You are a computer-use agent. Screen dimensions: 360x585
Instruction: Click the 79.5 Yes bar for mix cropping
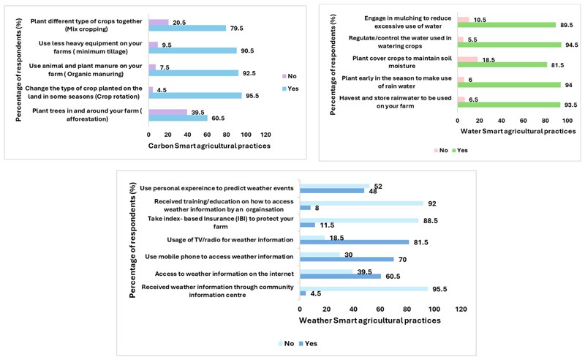coord(187,29)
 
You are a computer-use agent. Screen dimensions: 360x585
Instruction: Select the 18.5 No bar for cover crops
coord(467,59)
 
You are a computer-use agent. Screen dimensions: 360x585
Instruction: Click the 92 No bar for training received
coord(361,203)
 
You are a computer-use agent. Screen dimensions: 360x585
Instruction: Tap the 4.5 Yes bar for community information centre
coord(303,293)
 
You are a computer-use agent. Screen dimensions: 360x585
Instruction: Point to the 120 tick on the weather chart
coord(461,310)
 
